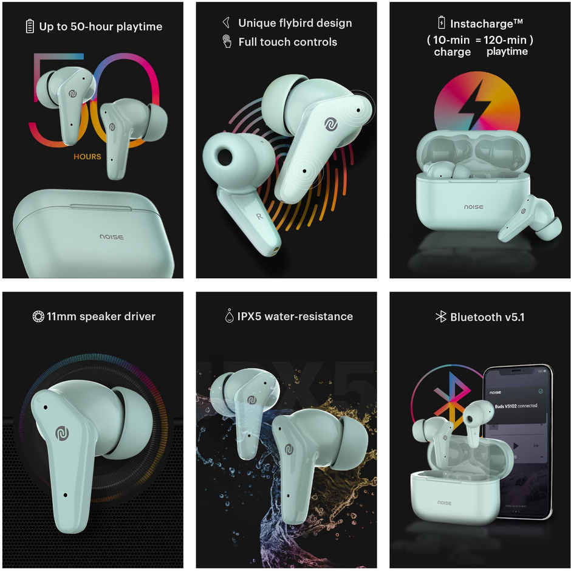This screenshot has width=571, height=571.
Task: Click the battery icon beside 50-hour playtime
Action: click(30, 26)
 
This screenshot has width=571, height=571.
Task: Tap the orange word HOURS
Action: click(87, 157)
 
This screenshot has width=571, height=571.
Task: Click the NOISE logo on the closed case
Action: click(112, 237)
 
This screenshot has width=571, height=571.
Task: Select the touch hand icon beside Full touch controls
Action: click(227, 41)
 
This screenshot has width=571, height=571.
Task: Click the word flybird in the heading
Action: click(295, 23)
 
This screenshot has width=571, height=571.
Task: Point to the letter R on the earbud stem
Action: click(259, 216)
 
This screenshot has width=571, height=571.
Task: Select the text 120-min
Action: click(505, 39)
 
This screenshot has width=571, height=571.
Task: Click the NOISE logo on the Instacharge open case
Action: click(473, 207)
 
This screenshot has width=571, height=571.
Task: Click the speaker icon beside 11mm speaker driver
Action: click(38, 316)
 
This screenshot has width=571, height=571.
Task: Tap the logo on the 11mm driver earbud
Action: click(63, 433)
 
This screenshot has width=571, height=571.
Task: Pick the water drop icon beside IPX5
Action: click(229, 316)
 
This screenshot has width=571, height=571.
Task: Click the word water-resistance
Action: click(309, 316)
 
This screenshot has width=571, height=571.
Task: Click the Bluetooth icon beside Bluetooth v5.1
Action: click(440, 316)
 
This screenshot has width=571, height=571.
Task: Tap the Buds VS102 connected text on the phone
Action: click(516, 406)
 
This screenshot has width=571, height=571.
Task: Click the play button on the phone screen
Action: click(516, 446)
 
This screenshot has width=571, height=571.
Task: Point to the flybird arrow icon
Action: click(226, 22)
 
